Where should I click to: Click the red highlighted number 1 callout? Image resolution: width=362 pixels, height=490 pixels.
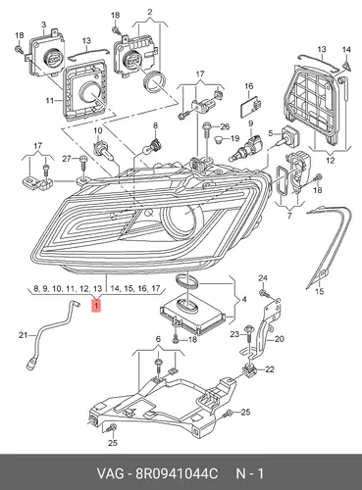96,306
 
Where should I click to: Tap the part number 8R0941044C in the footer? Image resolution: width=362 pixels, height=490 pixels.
177,473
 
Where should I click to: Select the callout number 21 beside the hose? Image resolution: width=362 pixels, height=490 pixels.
23,335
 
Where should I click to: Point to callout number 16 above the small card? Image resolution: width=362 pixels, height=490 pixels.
249,86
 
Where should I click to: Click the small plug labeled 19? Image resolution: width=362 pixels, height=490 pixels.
220,139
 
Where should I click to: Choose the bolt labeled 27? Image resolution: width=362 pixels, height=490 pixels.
82,163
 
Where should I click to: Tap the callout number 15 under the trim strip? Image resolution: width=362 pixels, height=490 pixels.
320,291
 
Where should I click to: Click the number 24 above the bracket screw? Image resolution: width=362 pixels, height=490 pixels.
263,278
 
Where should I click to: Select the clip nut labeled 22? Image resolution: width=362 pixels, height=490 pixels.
250,369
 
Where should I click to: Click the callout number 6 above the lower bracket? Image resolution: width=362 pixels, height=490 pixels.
158,339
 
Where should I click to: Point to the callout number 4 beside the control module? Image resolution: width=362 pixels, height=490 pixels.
243,299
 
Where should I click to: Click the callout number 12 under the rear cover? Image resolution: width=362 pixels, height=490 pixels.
331,160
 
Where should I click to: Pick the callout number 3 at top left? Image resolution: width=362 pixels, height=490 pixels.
44,24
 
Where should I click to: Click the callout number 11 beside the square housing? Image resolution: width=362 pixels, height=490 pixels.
49,100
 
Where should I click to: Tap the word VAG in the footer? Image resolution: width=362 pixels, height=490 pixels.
111,473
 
